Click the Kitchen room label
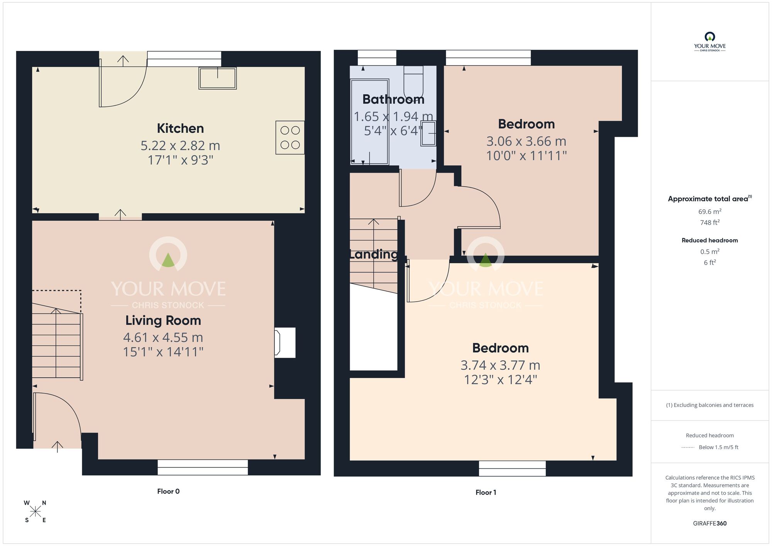point(180,129)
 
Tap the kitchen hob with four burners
point(290,137)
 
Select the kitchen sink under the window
point(218,78)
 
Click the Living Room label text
point(163,320)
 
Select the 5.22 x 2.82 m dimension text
point(180,146)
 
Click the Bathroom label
point(393,100)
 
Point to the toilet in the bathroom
point(413,83)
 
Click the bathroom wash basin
point(428,133)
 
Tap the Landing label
point(373,254)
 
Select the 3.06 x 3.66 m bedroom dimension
point(526,141)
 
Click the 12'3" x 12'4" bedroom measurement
point(500,380)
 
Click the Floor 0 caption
point(168,491)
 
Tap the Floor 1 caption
point(486,492)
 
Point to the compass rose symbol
point(36,512)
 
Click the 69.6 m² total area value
point(709,212)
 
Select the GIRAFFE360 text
point(709,524)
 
